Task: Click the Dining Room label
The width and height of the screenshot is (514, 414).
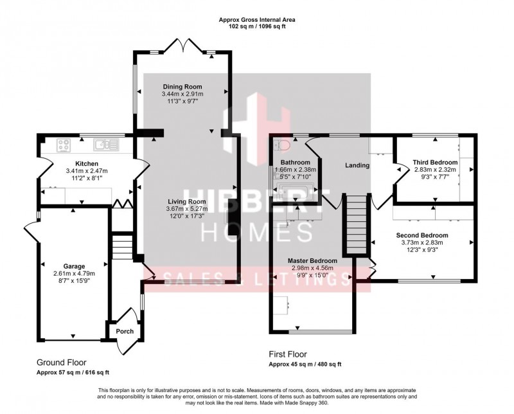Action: click(182, 87)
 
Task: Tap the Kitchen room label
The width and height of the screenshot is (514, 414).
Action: click(86, 163)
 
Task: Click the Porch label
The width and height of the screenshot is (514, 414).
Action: click(124, 332)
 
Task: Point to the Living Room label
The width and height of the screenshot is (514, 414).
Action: click(184, 201)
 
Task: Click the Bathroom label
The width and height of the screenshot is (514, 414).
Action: click(296, 162)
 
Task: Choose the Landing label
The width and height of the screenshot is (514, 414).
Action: click(357, 165)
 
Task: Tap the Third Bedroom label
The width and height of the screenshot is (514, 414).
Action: click(435, 162)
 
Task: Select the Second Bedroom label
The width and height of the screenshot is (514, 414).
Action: click(421, 235)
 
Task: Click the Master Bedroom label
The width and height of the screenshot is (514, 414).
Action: click(313, 260)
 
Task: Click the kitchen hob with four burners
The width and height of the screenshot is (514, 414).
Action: click(64, 145)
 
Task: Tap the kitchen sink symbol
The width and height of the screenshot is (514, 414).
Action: click(103, 145)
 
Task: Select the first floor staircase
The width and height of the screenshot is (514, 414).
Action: click(356, 225)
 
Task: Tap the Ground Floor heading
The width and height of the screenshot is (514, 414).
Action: click(61, 363)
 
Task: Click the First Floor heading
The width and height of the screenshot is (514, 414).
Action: click(287, 354)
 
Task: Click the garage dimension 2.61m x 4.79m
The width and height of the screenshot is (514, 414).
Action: click(74, 273)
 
